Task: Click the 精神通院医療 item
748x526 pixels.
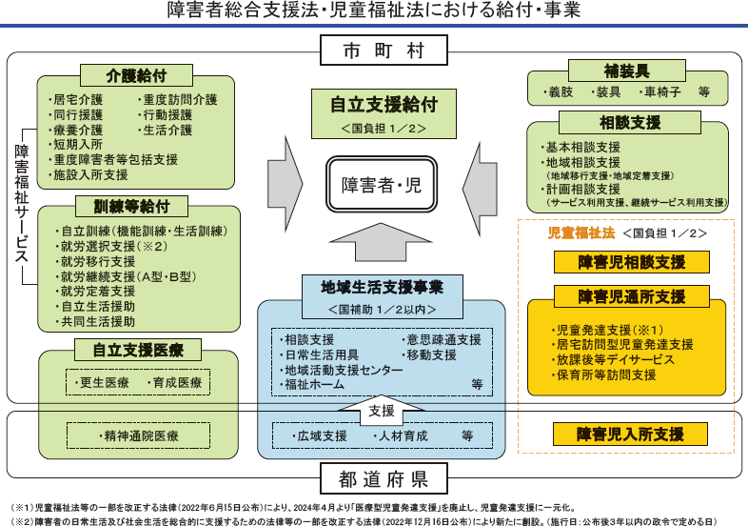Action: click(x=138, y=435)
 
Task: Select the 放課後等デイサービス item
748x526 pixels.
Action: click(x=613, y=360)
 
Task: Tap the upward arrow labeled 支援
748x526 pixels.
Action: click(x=381, y=412)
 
